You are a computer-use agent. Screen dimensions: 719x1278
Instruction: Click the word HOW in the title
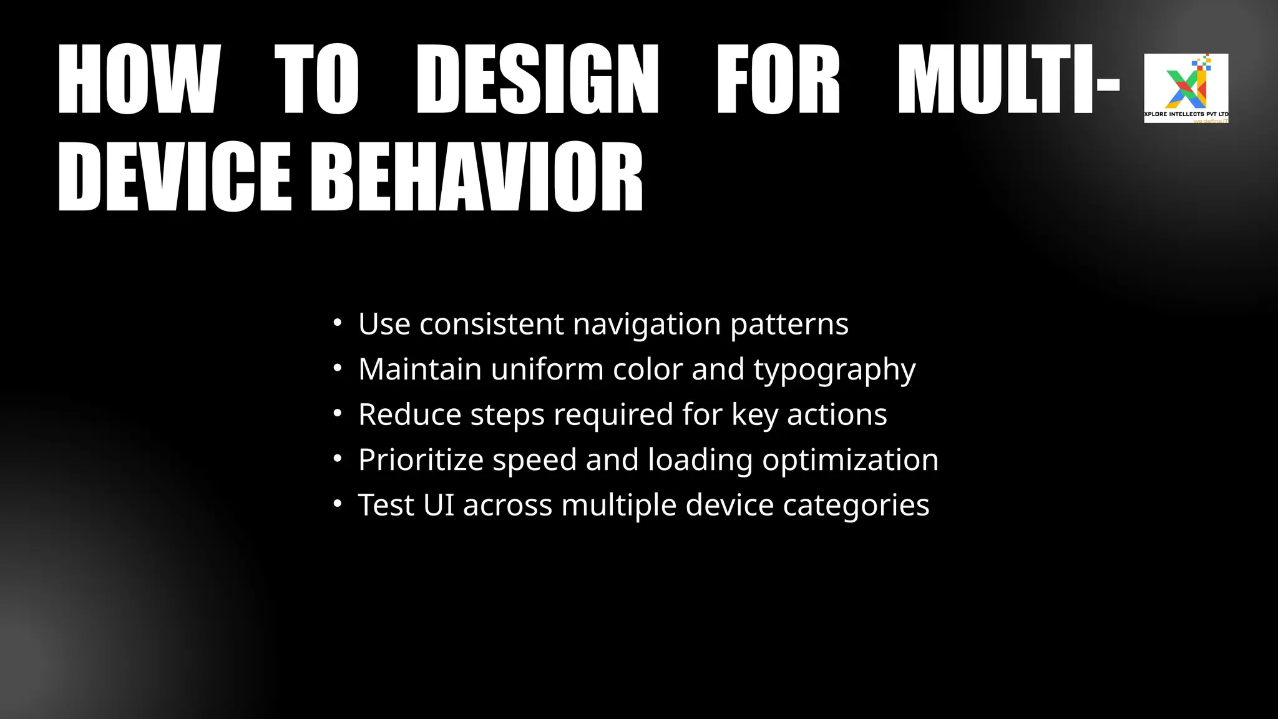point(139,79)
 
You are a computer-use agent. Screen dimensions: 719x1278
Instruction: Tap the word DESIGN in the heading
point(537,79)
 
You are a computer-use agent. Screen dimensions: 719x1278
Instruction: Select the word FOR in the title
point(778,79)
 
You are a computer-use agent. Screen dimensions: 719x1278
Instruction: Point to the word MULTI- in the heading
point(1008,79)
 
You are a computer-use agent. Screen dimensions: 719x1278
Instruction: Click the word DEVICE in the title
point(175,177)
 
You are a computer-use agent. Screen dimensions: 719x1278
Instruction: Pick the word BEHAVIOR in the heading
point(477,177)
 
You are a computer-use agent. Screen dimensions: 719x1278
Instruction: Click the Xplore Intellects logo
point(1186,88)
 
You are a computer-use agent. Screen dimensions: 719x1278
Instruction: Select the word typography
point(834,370)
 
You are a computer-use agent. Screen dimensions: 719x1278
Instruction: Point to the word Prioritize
point(421,461)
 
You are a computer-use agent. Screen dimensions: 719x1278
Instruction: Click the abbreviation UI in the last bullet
point(439,506)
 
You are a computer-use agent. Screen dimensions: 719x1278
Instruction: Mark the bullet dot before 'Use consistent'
point(338,323)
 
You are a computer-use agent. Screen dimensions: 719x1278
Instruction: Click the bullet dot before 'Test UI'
point(338,504)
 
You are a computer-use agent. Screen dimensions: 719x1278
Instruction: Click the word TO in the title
point(316,79)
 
